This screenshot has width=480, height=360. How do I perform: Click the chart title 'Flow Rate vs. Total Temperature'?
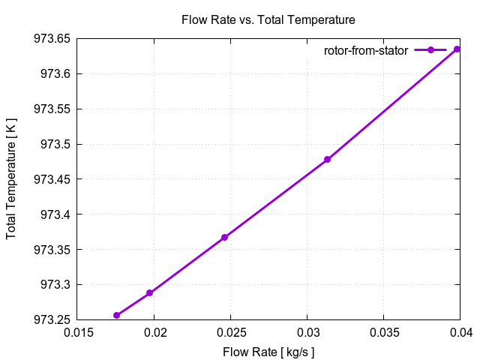268,19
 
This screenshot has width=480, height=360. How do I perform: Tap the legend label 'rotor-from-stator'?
366,50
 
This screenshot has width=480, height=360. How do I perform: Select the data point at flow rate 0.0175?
116,315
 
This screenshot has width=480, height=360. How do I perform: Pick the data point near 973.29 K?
150,292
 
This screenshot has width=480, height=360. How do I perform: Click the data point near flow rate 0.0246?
224,237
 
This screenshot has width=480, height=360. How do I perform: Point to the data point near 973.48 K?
327,159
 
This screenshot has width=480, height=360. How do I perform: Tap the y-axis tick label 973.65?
50,39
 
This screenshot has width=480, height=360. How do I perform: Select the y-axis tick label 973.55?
50,109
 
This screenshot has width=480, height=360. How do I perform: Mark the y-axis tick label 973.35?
50,250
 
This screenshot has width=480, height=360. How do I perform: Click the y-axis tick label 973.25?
50,320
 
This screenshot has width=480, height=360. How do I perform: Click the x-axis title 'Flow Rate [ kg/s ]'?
268,352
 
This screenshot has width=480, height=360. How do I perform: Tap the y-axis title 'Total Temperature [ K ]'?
11,179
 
